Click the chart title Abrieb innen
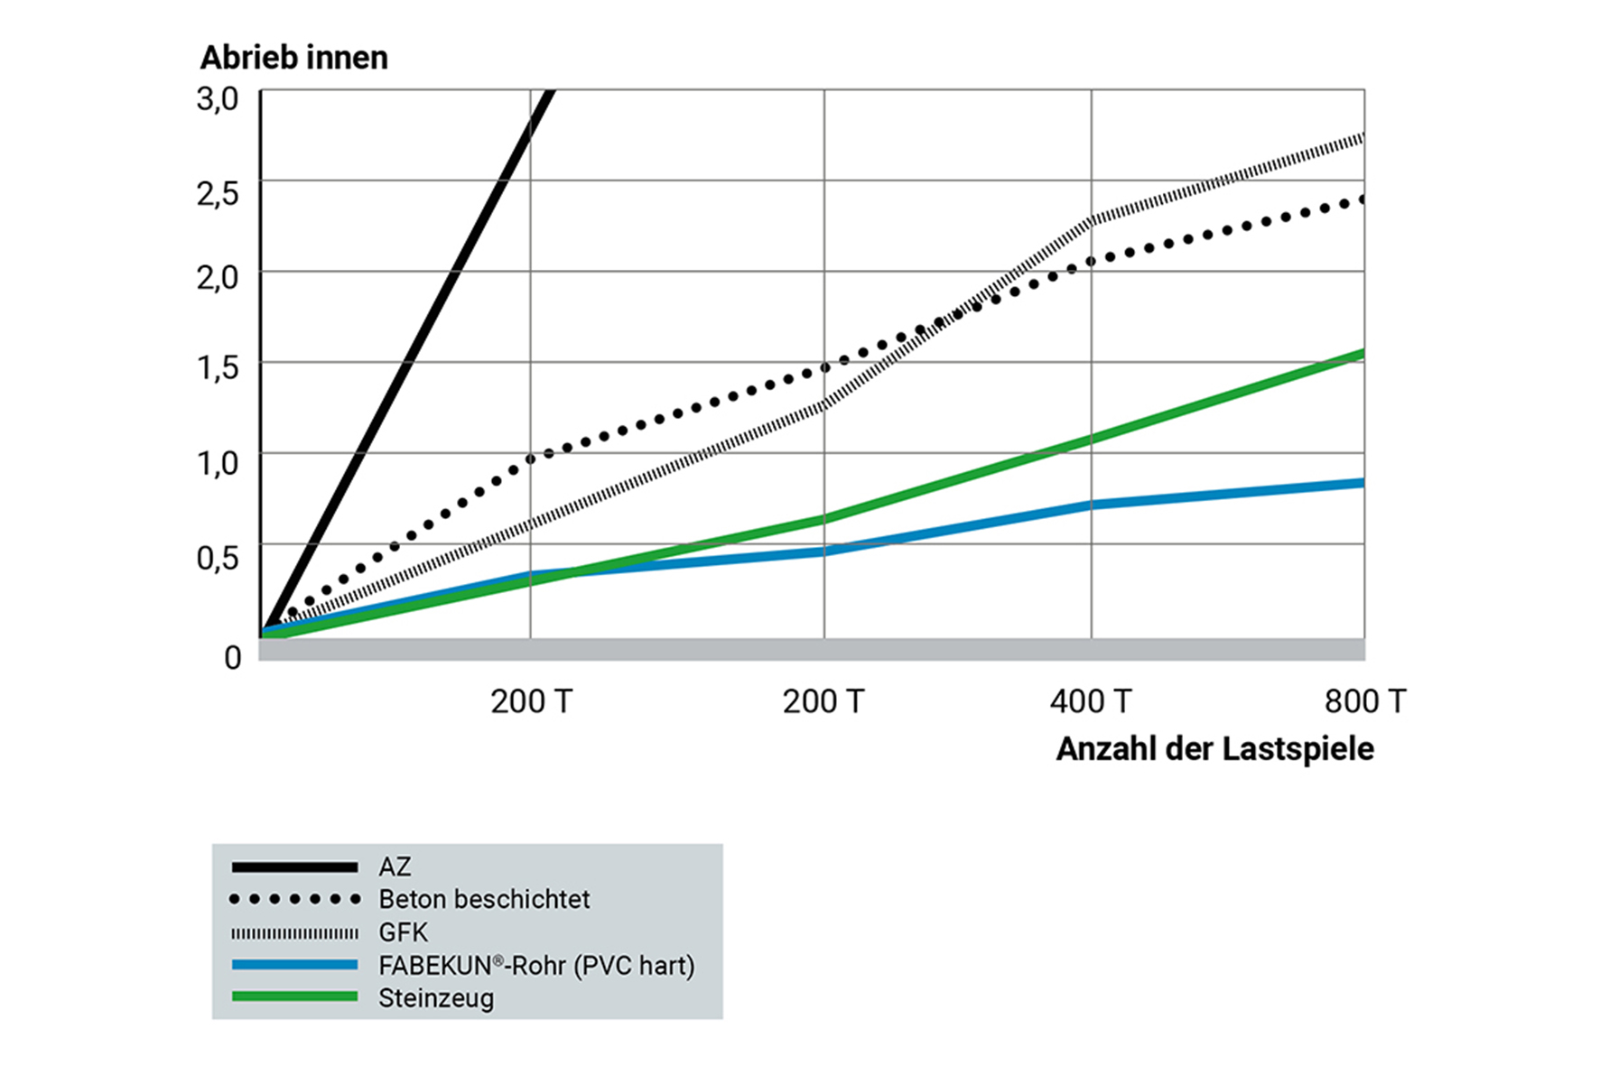[294, 58]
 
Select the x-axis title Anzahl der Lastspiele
[1214, 749]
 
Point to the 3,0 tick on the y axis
[218, 98]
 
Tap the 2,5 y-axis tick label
[218, 192]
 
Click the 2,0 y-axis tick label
[218, 277]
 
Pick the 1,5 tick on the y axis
[218, 367]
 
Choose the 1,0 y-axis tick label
[218, 463]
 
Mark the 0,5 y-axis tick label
[218, 558]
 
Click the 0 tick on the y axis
[233, 657]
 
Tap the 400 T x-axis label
[1090, 701]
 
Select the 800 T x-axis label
[1364, 701]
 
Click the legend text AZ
[395, 867]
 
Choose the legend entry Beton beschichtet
[484, 900]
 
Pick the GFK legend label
[403, 932]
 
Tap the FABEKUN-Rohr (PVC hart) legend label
[536, 966]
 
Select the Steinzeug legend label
[436, 998]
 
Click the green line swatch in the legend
[294, 996]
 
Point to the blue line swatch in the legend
[294, 964]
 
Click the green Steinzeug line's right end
[1362, 354]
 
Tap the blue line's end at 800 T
[1362, 483]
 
